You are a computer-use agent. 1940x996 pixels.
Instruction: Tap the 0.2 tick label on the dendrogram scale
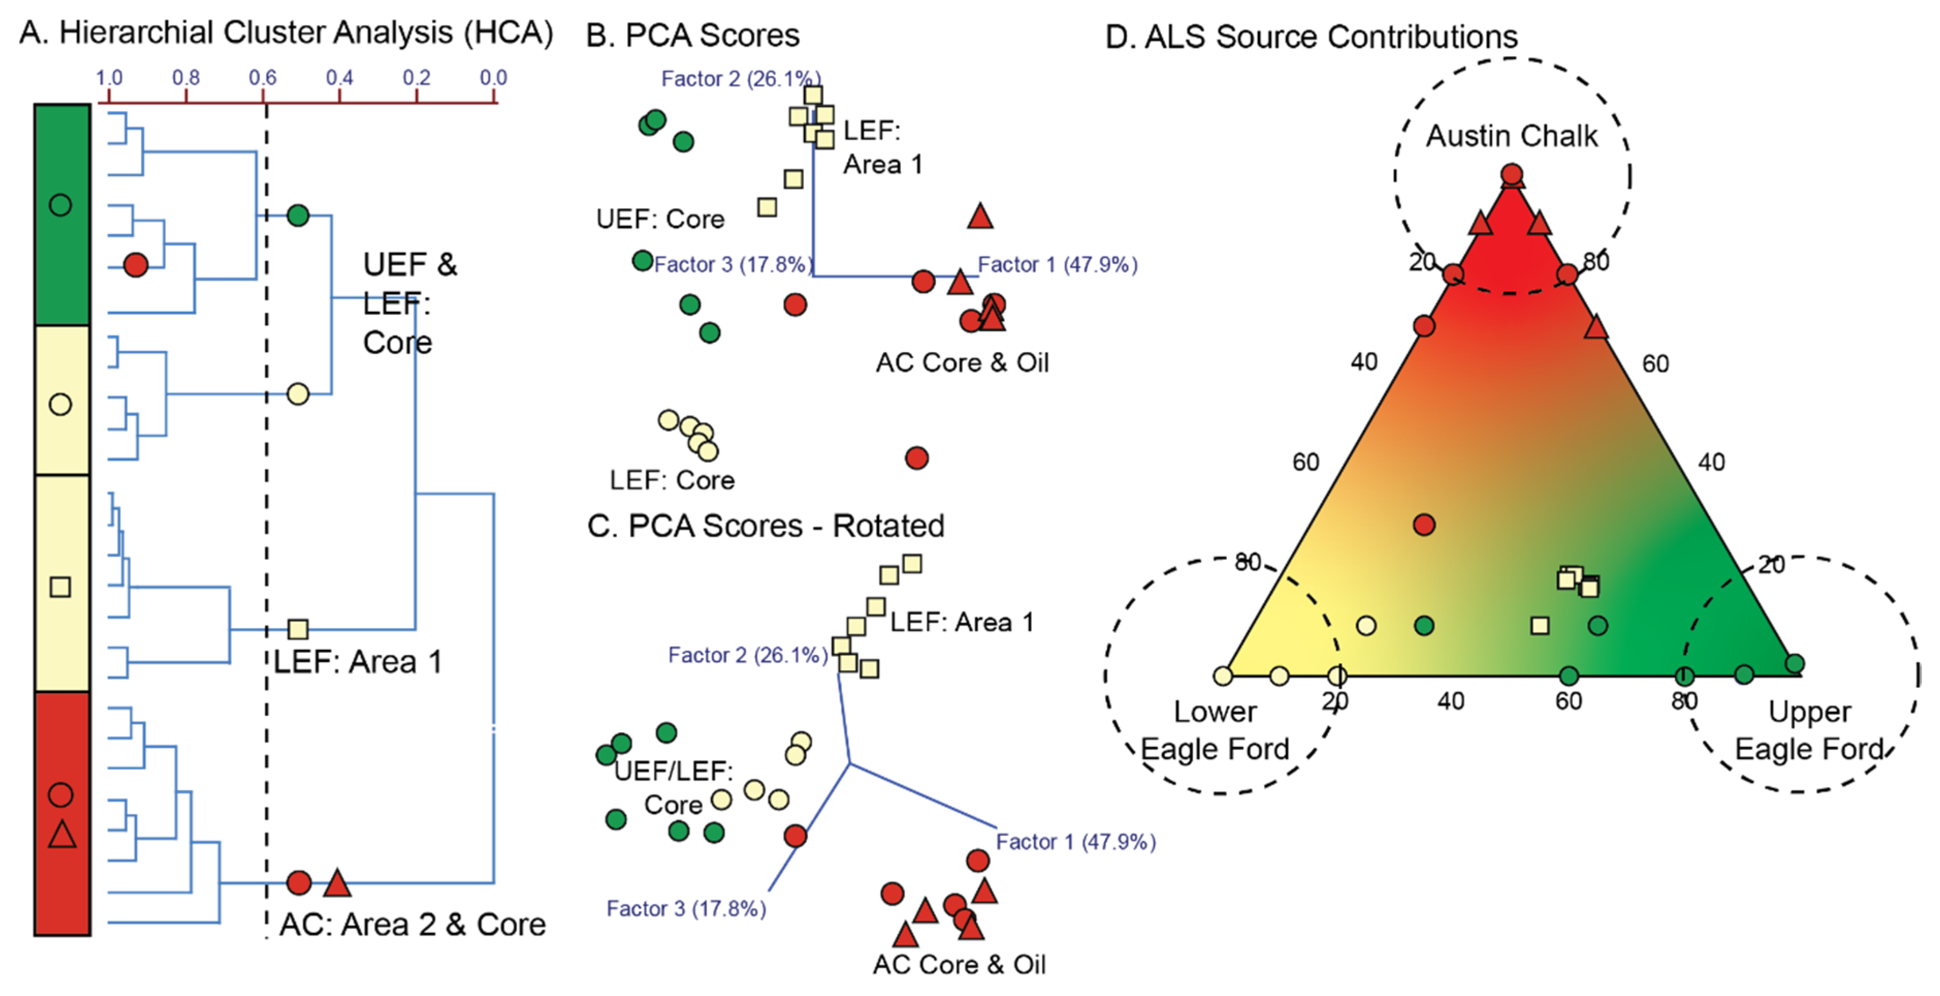(416, 77)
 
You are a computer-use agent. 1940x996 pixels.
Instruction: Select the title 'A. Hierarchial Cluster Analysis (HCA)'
(286, 33)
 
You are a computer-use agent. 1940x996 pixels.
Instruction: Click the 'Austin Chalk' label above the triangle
(1511, 136)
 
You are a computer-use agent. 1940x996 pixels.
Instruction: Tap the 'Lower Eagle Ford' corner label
(1215, 730)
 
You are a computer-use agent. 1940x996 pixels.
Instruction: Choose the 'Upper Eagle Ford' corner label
(1809, 730)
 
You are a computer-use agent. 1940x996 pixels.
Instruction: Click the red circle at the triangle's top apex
(1511, 175)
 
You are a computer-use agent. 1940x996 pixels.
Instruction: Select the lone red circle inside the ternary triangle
(1424, 524)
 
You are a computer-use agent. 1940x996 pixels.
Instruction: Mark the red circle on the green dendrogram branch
(136, 264)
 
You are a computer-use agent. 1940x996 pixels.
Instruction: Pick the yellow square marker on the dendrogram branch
(298, 629)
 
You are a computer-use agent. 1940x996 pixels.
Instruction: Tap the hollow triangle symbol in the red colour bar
(62, 835)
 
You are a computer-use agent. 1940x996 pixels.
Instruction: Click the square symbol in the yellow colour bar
(60, 586)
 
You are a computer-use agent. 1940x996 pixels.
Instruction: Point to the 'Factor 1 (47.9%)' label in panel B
(1057, 264)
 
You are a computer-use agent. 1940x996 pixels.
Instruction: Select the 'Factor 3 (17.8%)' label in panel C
(686, 909)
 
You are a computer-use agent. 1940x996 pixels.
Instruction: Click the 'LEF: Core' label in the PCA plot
(672, 480)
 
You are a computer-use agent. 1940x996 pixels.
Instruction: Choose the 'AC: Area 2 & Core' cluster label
(413, 924)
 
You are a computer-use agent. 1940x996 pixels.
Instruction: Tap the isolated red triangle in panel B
(980, 217)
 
